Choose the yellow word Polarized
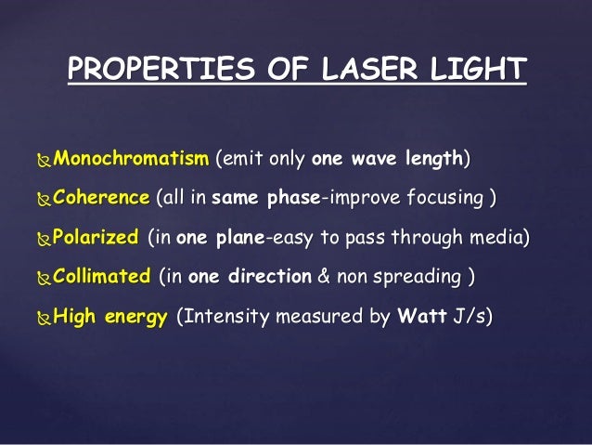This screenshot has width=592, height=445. (x=97, y=237)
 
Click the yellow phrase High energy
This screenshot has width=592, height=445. (x=110, y=317)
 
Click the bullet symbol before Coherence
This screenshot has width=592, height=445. (x=45, y=199)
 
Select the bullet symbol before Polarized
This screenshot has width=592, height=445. (x=45, y=239)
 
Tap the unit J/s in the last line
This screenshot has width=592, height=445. (x=471, y=317)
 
